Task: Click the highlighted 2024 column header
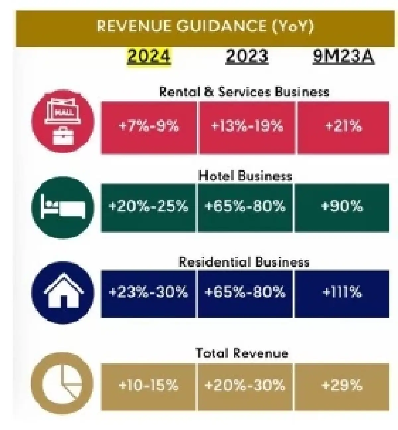point(149,57)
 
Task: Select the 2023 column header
point(247,56)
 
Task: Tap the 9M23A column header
point(344,56)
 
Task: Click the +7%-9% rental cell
point(149,128)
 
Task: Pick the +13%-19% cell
point(247,128)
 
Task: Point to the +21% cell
point(343,128)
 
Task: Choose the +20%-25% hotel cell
point(148,208)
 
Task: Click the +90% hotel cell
point(342,208)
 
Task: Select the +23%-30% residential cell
point(148,294)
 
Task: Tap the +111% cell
point(342,294)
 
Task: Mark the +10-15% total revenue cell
point(148,387)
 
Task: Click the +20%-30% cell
point(245,387)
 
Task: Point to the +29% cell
point(342,387)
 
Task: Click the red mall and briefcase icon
point(63,121)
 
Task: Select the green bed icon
point(63,207)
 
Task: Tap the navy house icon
point(63,293)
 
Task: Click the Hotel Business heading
point(245,176)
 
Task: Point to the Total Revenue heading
point(242,353)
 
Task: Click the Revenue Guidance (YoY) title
point(205,26)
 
